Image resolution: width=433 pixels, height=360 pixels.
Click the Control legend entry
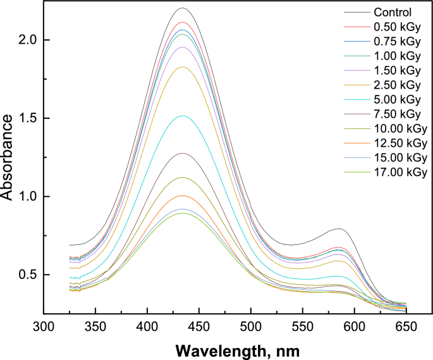(x=391, y=12)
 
